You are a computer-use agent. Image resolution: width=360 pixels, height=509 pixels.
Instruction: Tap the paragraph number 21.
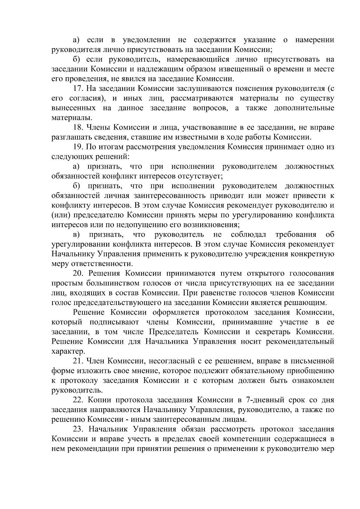78,361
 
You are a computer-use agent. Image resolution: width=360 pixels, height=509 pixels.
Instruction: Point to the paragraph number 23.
78,429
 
